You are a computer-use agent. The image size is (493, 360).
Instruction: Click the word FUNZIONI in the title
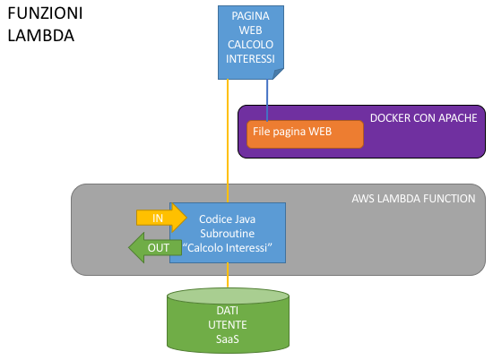click(x=45, y=13)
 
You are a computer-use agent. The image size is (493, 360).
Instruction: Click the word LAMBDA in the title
click(x=41, y=36)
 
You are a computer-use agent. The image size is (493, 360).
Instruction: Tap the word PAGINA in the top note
click(x=250, y=16)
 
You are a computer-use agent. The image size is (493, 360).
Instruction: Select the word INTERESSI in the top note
click(x=250, y=59)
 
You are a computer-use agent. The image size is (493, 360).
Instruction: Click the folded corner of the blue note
click(x=278, y=73)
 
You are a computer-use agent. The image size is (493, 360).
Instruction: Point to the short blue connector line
click(x=267, y=100)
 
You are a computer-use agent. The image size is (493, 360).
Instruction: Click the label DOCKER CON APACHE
click(x=423, y=118)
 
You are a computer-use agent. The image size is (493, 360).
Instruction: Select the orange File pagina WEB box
click(x=305, y=134)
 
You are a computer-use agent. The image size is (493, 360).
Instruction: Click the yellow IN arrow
click(x=161, y=218)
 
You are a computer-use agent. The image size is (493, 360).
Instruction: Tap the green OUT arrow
click(x=155, y=247)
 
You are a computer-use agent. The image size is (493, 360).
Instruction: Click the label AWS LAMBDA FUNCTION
click(x=413, y=199)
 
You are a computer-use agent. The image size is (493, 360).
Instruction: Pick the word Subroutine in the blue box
click(x=228, y=234)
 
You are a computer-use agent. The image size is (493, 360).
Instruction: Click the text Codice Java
click(x=227, y=219)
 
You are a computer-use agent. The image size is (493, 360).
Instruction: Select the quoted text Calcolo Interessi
click(x=227, y=248)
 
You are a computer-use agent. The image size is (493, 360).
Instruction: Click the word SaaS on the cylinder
click(x=228, y=339)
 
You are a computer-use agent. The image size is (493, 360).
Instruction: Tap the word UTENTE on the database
click(x=228, y=325)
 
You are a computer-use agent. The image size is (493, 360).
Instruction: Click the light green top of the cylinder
click(x=228, y=296)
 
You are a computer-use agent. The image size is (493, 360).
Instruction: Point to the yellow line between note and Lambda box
click(x=228, y=141)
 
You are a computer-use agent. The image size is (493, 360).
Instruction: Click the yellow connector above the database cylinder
click(x=228, y=275)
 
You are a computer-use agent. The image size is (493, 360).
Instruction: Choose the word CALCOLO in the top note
click(x=250, y=45)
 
